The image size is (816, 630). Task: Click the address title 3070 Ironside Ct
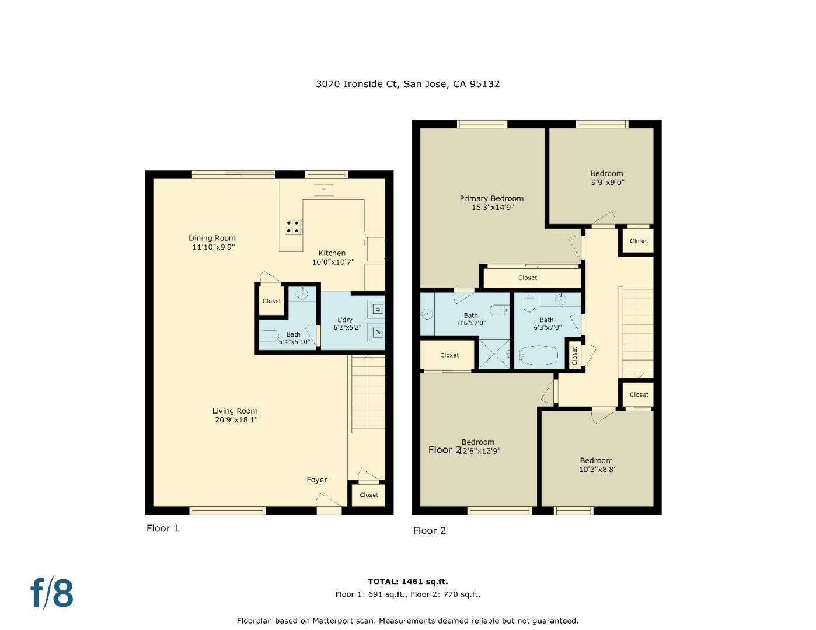(x=407, y=83)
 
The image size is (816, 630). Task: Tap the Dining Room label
(x=212, y=242)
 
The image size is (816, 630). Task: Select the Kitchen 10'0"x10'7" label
(x=332, y=257)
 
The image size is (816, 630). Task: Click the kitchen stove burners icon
(x=294, y=226)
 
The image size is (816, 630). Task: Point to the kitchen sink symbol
(x=323, y=190)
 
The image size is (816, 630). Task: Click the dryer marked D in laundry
(x=376, y=309)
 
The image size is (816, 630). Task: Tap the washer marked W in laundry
(x=376, y=332)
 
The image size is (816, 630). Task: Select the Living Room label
(x=235, y=415)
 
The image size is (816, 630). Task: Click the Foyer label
(x=317, y=480)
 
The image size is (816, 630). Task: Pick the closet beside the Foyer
(x=368, y=495)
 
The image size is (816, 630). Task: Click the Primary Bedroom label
(x=491, y=202)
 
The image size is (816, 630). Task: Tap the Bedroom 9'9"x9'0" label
(x=606, y=177)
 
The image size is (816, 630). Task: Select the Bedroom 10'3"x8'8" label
(x=596, y=464)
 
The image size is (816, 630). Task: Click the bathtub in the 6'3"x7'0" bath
(x=539, y=355)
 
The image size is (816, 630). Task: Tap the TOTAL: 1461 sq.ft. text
(x=407, y=581)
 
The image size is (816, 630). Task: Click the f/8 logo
(x=52, y=593)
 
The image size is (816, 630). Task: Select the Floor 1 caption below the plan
(x=162, y=528)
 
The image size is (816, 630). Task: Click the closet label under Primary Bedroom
(x=527, y=278)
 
